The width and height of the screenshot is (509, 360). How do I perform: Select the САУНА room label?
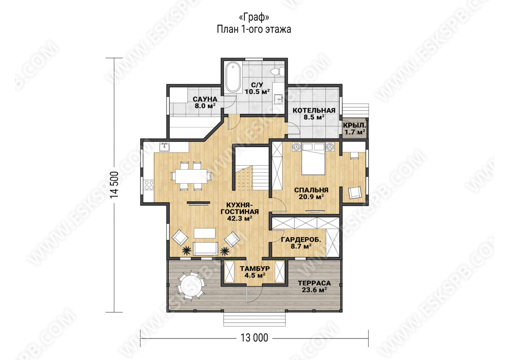point(205,99)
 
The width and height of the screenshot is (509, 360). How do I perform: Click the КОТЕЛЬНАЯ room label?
point(314,110)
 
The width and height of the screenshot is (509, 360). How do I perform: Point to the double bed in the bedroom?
point(313,159)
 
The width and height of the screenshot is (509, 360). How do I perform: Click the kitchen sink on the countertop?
point(164,147)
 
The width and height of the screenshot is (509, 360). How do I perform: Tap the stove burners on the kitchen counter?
point(149,185)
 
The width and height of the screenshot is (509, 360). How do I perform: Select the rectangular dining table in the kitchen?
point(191,176)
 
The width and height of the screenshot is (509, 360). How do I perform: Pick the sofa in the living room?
point(205,249)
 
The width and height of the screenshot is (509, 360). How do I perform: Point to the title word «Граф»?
point(254,17)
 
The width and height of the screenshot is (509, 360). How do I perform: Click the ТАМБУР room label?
point(255,268)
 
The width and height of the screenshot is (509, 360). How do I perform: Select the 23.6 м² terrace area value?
point(314,290)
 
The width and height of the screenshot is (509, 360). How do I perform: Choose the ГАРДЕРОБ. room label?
point(301,239)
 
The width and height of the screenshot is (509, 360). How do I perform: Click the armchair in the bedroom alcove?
point(355,193)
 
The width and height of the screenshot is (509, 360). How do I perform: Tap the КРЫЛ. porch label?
point(354,125)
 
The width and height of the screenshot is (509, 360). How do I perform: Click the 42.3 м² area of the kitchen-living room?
point(240,218)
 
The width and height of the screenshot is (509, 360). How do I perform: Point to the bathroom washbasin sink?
point(279,99)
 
